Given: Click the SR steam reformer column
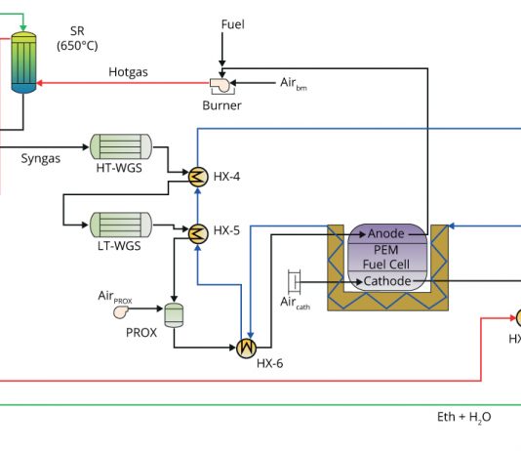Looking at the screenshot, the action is pyautogui.click(x=23, y=62).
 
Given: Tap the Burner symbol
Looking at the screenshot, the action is pyautogui.click(x=221, y=86).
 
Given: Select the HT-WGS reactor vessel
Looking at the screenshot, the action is pyautogui.click(x=121, y=146).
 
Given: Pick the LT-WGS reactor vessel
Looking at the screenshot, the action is pyautogui.click(x=121, y=225).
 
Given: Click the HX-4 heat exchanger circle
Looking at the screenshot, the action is pyautogui.click(x=198, y=177).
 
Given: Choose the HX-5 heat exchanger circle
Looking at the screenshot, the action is pyautogui.click(x=198, y=233).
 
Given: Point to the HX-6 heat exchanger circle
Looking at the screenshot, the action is pyautogui.click(x=246, y=348).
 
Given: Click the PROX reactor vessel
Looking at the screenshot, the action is pyautogui.click(x=174, y=315).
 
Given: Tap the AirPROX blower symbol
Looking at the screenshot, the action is pyautogui.click(x=121, y=311).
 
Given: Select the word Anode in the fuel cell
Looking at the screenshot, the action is pyautogui.click(x=385, y=233).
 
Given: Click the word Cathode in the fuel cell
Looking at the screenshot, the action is pyautogui.click(x=387, y=281).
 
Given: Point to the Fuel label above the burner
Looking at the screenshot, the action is pyautogui.click(x=232, y=24).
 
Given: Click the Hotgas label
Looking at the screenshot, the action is pyautogui.click(x=128, y=72).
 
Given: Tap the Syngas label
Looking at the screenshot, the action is pyautogui.click(x=41, y=158).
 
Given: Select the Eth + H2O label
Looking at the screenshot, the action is pyautogui.click(x=463, y=417).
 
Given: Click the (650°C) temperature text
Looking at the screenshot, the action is pyautogui.click(x=77, y=46).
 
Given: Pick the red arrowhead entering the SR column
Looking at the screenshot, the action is pyautogui.click(x=39, y=83).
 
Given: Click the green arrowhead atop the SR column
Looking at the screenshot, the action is pyautogui.click(x=22, y=27).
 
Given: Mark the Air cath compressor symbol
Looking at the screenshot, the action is pyautogui.click(x=295, y=282).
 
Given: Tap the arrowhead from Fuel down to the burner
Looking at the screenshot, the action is pyautogui.click(x=222, y=63).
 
